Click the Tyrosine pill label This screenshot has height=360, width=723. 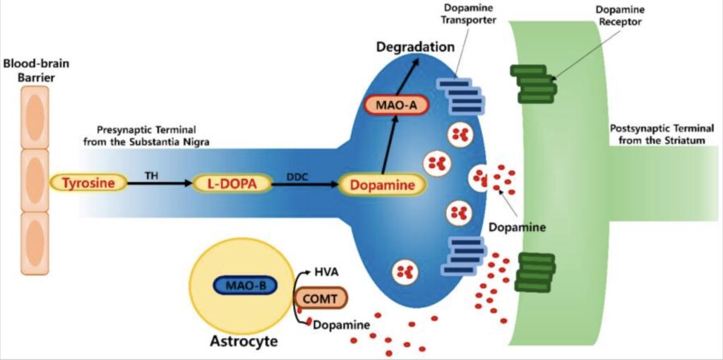tap(88, 184)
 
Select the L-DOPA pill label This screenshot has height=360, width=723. tap(233, 184)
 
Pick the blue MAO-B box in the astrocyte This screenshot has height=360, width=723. tap(244, 286)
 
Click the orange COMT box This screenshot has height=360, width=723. tap(321, 299)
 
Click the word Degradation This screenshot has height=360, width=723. tap(414, 47)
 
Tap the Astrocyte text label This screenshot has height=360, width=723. tap(244, 342)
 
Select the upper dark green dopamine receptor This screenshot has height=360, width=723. tap(534, 84)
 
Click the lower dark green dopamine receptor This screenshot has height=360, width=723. tap(534, 272)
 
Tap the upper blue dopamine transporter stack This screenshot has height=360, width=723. tap(461, 95)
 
